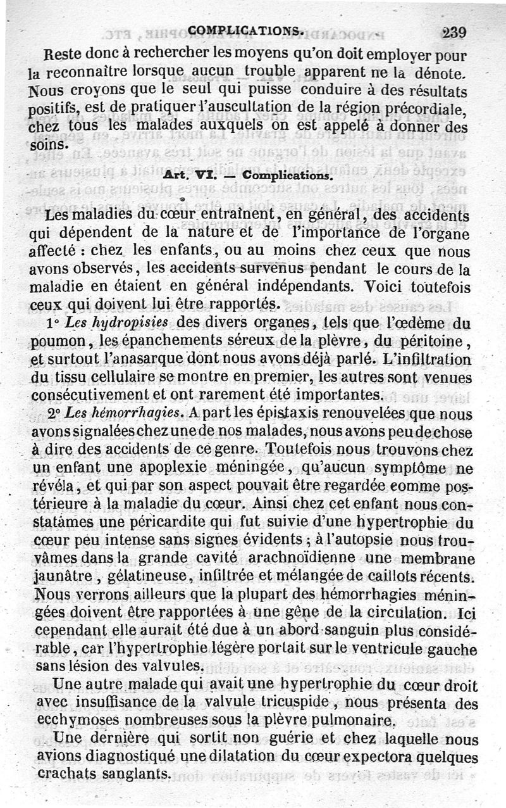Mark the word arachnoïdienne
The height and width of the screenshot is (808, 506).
click(328, 560)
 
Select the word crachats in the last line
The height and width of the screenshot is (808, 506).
click(64, 775)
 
